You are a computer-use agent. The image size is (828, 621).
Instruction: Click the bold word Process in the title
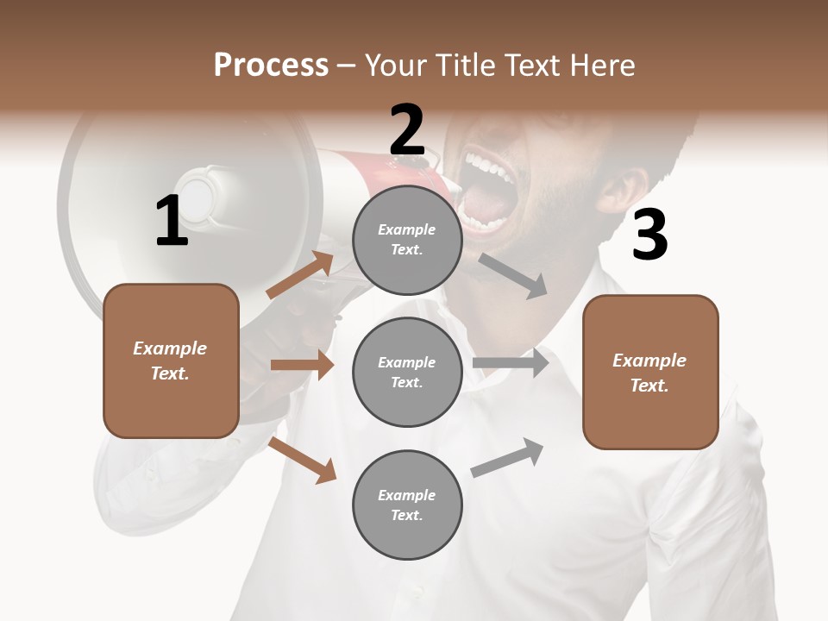click(271, 65)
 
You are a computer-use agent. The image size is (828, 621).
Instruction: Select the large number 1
click(172, 221)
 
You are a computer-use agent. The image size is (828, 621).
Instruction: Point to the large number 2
click(407, 130)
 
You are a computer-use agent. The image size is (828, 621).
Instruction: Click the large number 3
click(649, 235)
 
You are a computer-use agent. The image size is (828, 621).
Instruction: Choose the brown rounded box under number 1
click(171, 361)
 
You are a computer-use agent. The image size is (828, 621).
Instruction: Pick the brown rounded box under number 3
click(650, 372)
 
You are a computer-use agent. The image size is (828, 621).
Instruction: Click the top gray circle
click(407, 240)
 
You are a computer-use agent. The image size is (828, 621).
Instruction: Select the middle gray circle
click(407, 372)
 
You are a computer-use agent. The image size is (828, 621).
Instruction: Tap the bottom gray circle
click(407, 505)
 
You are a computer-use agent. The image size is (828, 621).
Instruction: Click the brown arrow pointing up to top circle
click(300, 275)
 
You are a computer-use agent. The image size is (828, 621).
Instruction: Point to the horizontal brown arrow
click(302, 365)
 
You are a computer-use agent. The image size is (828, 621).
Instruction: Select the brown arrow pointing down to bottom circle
click(302, 460)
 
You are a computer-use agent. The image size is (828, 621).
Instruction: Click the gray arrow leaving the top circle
click(513, 275)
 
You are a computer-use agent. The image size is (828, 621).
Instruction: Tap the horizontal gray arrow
click(511, 362)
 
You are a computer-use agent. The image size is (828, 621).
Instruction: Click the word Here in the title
click(601, 65)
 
